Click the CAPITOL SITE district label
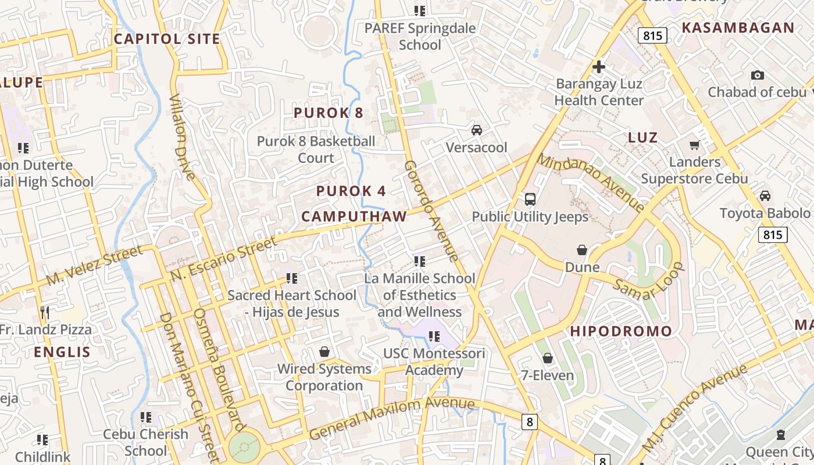click(x=167, y=39)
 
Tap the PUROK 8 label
click(x=329, y=113)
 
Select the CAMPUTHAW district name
click(x=354, y=217)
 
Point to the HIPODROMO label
click(x=621, y=331)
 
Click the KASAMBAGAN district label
click(x=738, y=28)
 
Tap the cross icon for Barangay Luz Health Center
click(x=599, y=67)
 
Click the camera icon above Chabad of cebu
click(x=757, y=75)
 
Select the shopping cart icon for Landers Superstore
click(x=694, y=145)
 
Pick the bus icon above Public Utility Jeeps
click(x=530, y=199)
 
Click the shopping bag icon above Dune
click(x=581, y=250)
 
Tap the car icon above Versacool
click(x=477, y=130)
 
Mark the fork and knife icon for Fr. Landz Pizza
click(x=45, y=313)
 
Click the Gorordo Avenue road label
click(x=431, y=211)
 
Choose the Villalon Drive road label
click(x=183, y=137)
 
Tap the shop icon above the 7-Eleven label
click(x=547, y=357)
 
